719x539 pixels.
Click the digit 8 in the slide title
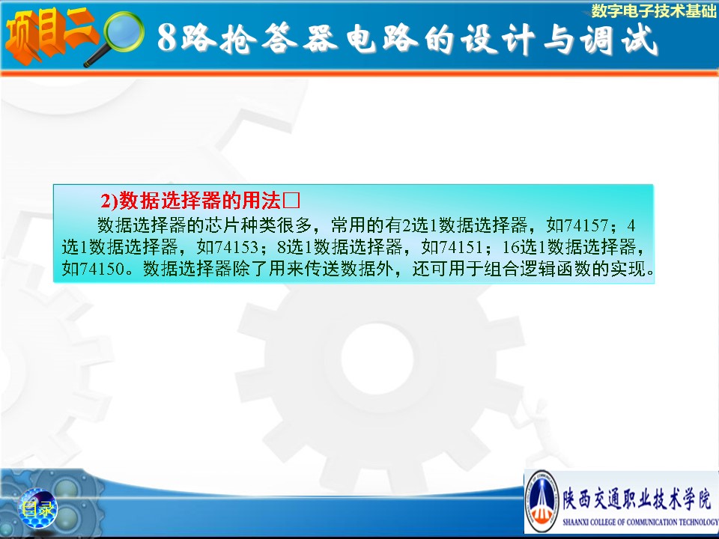(x=167, y=37)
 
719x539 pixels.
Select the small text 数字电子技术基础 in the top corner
(x=653, y=11)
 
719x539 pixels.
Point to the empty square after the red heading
(x=291, y=201)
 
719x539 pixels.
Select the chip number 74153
(x=236, y=247)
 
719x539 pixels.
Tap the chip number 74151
(x=461, y=247)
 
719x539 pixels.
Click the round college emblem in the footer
(x=541, y=501)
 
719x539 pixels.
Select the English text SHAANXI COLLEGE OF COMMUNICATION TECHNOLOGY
(x=640, y=522)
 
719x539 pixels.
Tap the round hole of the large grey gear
(x=377, y=359)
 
